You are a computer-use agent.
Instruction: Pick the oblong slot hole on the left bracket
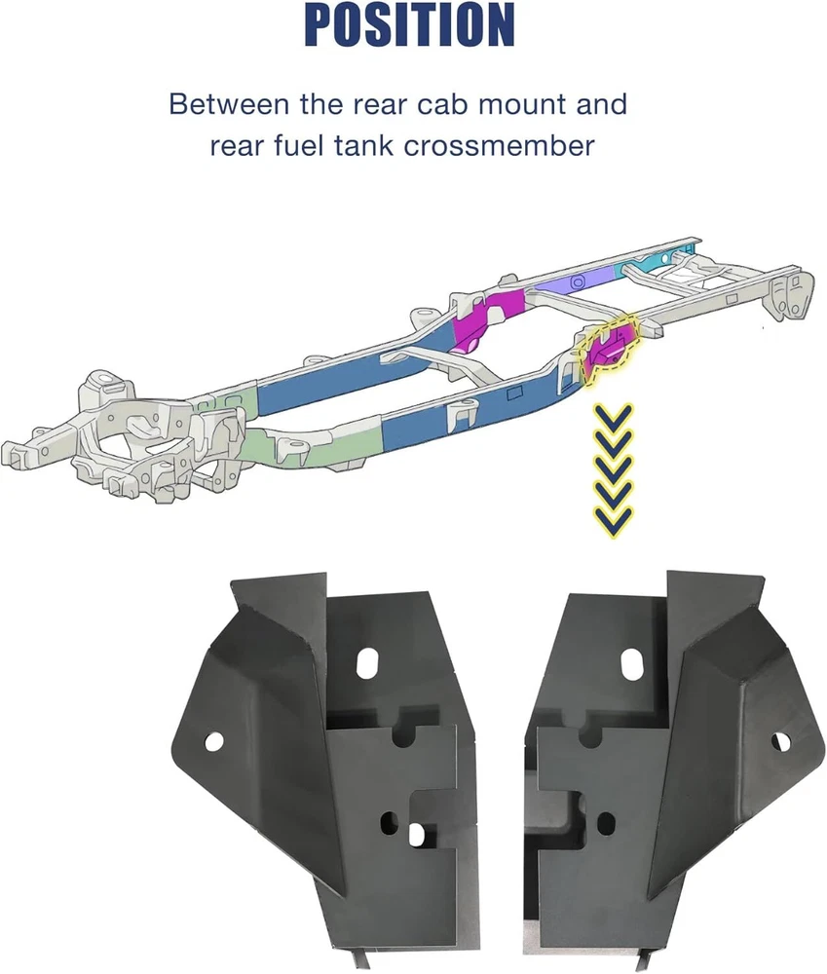click(369, 662)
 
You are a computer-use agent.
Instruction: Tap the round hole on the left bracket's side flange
click(213, 741)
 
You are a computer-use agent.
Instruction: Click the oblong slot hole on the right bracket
click(632, 663)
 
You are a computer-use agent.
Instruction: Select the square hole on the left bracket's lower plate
click(416, 836)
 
